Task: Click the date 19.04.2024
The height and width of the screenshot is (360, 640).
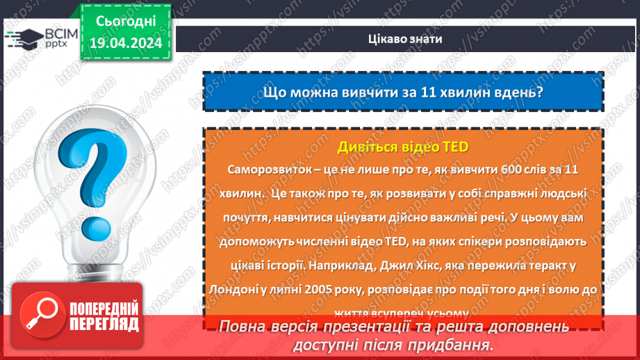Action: pyautogui.click(x=125, y=43)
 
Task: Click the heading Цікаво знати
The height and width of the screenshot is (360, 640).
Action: pyautogui.click(x=404, y=39)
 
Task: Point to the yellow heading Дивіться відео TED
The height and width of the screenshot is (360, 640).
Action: pyautogui.click(x=403, y=147)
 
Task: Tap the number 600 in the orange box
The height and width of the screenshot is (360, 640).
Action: pyautogui.click(x=500, y=170)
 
